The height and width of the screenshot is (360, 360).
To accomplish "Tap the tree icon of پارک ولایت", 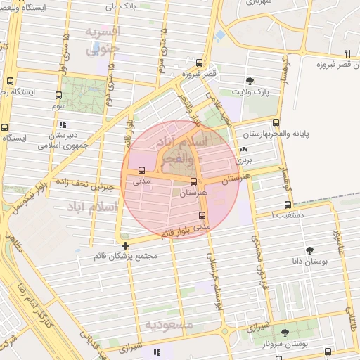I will [250, 81].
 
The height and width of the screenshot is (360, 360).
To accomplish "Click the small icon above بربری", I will [243, 150].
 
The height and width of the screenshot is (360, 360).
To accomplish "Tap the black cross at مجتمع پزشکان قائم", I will [125, 245].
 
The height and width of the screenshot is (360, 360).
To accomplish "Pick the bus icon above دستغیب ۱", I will [287, 205].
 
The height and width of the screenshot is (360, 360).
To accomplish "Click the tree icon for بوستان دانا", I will [309, 250].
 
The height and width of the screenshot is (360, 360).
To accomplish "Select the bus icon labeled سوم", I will [58, 94].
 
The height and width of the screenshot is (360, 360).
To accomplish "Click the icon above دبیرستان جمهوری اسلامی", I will [65, 124].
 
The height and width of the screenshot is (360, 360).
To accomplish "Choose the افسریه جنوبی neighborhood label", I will [103, 40].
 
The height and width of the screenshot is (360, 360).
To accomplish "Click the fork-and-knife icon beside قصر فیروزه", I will [347, 53].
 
